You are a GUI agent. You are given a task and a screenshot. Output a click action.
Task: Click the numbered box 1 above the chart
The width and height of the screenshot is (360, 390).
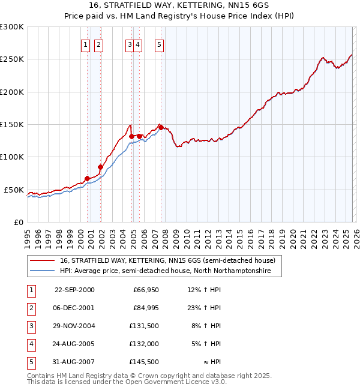(x=85, y=44)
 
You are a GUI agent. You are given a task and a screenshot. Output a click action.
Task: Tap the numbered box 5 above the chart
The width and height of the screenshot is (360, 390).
(x=159, y=44)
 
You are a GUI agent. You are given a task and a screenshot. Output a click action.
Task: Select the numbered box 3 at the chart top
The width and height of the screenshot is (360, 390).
(x=130, y=44)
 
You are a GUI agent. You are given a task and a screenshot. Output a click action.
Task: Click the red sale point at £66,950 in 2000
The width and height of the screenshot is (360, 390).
(x=87, y=178)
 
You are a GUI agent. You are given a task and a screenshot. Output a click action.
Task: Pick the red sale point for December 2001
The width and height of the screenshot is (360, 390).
(x=100, y=167)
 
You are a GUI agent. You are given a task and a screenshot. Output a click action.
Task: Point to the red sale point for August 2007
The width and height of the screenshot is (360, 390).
(x=161, y=127)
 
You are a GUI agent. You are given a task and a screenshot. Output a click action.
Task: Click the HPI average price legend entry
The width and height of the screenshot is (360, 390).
(x=165, y=271)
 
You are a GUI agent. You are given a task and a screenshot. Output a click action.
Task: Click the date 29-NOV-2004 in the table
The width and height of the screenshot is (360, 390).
(x=74, y=326)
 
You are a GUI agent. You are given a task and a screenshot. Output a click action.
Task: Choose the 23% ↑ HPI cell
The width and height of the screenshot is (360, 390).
(x=204, y=308)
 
